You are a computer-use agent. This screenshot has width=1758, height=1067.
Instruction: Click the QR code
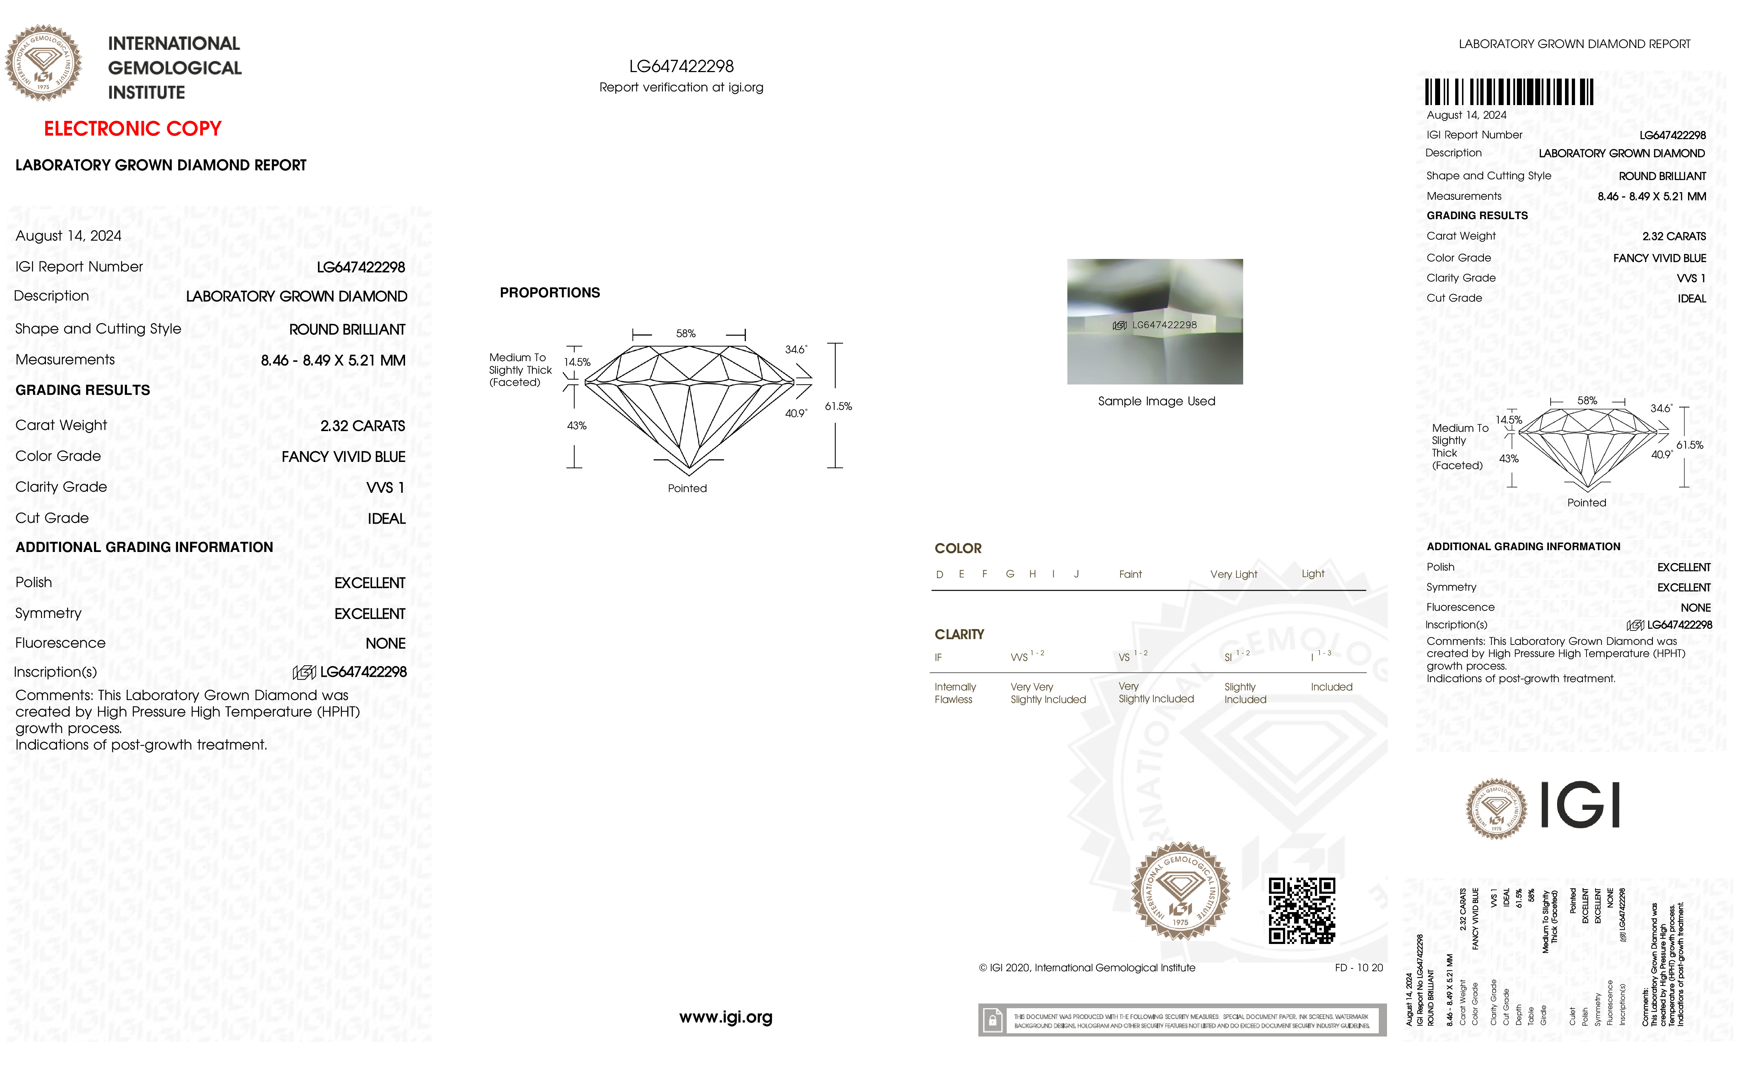coord(1301,911)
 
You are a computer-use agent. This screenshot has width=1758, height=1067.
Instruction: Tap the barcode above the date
coord(1509,92)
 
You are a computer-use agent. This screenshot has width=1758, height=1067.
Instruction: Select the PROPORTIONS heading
coord(549,292)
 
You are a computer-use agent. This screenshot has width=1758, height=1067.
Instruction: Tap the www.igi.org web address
coord(725,1017)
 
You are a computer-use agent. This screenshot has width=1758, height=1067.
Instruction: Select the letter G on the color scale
coord(1010,574)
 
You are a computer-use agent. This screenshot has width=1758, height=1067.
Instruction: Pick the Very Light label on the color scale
coord(1233,574)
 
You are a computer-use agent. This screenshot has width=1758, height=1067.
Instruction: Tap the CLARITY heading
coord(959,634)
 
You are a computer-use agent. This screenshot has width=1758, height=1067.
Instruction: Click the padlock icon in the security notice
coord(992,1021)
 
